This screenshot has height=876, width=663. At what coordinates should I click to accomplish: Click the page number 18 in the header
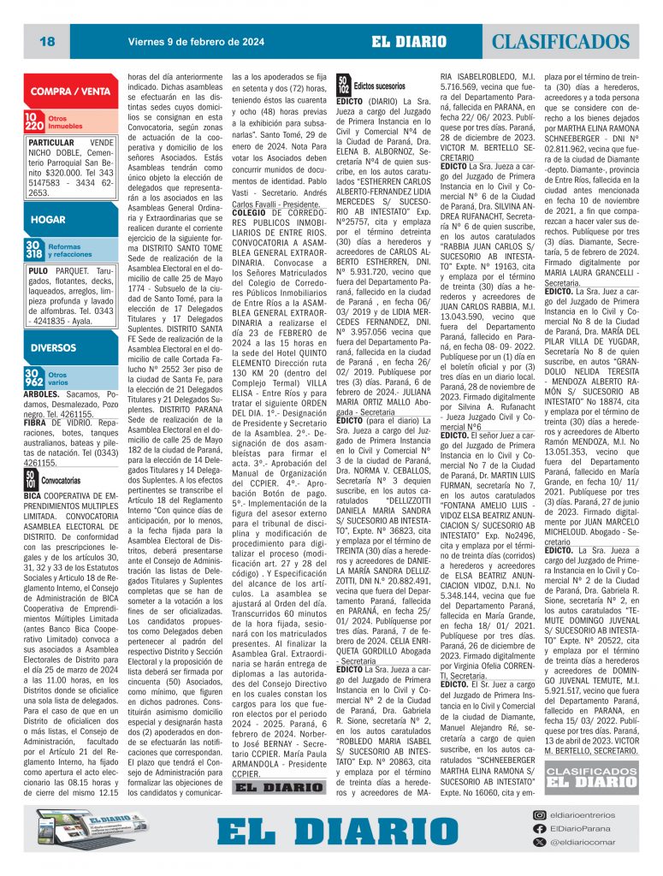coord(47,41)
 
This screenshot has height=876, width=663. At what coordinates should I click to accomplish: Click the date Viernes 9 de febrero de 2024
coord(196,40)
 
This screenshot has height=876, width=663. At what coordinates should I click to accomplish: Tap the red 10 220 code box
coord(34,122)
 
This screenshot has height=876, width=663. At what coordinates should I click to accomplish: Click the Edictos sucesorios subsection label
coord(379,86)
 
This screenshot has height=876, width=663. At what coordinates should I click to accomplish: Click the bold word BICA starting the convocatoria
coord(33,495)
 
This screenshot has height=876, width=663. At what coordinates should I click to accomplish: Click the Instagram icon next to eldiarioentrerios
coord(539,816)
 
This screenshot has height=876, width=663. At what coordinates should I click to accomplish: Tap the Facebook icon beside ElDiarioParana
coord(539,829)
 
